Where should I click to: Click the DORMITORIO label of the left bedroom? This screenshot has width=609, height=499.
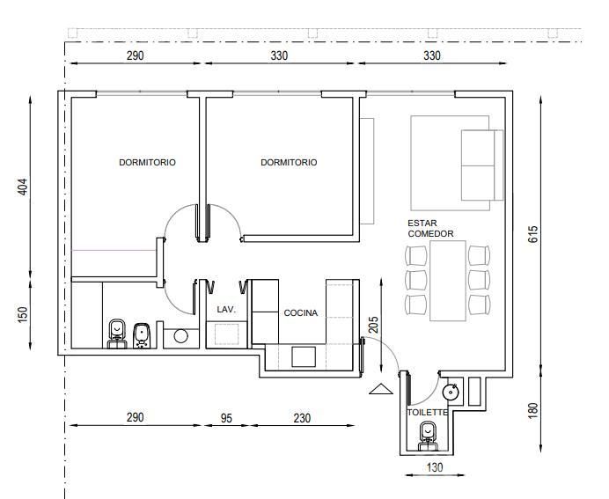(x=147, y=162)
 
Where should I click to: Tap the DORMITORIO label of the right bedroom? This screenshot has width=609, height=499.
(x=289, y=162)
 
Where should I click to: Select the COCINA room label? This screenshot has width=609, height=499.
(x=301, y=313)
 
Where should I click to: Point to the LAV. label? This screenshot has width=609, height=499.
(x=226, y=310)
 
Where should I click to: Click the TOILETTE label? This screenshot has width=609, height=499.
(x=427, y=413)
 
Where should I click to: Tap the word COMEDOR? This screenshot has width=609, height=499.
(x=430, y=234)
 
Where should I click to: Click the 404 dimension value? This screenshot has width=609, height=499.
(x=23, y=187)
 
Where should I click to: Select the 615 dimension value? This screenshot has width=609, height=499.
(x=533, y=234)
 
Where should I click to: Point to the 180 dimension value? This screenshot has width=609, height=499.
(x=533, y=410)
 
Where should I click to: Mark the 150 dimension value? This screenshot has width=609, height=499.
(x=23, y=314)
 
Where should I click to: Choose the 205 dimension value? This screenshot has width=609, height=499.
(x=373, y=325)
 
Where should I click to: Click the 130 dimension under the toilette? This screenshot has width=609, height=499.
(x=434, y=467)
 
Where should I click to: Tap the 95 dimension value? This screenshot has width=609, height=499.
(x=226, y=418)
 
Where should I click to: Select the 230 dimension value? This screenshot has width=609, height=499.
(x=302, y=418)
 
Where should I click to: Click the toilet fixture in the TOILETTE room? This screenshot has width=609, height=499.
(x=428, y=437)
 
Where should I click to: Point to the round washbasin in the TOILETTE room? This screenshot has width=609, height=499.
(x=451, y=393)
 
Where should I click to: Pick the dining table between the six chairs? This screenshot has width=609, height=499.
(x=448, y=281)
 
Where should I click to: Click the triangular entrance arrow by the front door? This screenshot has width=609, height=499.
(x=381, y=389)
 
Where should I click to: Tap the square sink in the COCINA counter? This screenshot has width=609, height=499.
(x=304, y=357)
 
